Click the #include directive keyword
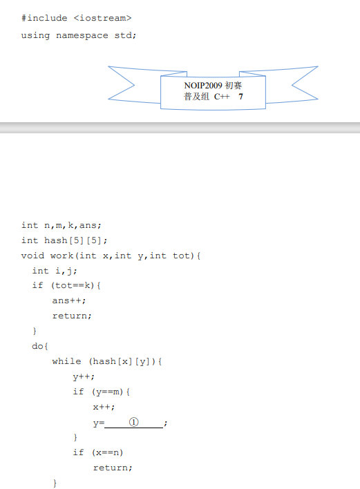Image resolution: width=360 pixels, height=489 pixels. (44, 18)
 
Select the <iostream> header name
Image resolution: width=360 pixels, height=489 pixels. (103, 18)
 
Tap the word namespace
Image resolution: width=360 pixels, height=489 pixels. (82, 35)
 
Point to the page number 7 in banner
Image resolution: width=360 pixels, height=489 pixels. (241, 97)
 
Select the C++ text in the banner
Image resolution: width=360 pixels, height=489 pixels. (222, 97)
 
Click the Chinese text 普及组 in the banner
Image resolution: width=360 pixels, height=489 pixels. (196, 97)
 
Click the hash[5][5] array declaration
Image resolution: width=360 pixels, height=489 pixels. (73, 240)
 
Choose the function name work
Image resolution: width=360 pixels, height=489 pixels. (61, 256)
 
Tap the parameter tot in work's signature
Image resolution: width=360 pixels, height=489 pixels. (181, 256)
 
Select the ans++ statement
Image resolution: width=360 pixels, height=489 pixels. (66, 300)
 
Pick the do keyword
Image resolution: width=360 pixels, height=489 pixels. (37, 346)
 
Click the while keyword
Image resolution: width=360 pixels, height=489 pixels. (66, 361)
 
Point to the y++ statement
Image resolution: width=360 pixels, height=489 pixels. (81, 376)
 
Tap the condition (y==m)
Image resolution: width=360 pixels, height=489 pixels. (108, 392)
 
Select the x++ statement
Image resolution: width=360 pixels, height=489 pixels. (102, 407)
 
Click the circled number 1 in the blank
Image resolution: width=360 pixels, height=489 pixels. (133, 422)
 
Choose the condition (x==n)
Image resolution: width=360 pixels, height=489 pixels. (108, 452)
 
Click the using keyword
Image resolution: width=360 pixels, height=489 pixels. (35, 35)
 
